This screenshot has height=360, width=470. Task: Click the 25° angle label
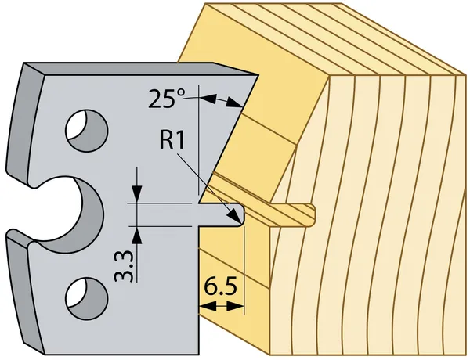coord(167,99)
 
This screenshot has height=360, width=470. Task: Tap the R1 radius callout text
coord(172,140)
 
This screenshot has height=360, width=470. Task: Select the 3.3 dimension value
coord(124,266)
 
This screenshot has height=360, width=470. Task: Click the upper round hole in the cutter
coord(87,131)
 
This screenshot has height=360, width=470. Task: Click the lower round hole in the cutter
coord(87,298)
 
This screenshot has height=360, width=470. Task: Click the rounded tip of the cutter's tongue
coord(241,214)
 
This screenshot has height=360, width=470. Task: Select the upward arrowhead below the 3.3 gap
coord(137,235)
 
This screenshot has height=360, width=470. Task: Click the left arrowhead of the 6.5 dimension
coord(208,306)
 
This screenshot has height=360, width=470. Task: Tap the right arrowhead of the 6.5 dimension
coord(236,306)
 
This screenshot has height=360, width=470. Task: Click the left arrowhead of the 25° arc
coord(208,99)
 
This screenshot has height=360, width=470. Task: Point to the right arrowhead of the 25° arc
coord(234,102)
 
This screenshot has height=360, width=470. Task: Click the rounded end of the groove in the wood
coord(313,213)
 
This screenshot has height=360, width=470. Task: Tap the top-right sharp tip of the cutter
coord(258,75)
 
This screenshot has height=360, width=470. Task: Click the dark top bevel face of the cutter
coord(141,69)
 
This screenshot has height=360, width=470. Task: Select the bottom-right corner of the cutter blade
coord(198,355)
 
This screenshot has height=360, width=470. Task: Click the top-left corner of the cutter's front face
coord(45,75)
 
